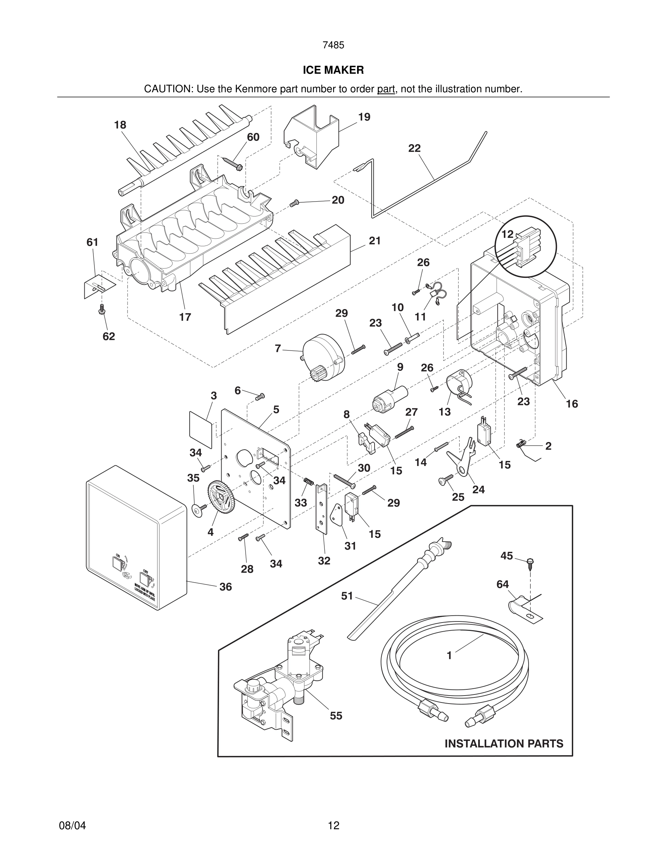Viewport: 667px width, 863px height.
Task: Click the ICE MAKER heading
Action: [x=333, y=70]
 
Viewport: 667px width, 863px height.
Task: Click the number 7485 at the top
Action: [x=333, y=45]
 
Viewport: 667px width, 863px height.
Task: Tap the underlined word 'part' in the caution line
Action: [x=386, y=89]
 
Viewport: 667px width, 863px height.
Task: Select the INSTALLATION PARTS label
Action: [x=504, y=744]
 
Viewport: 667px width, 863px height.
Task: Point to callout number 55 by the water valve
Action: [x=336, y=716]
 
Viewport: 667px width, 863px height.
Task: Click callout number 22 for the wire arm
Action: [x=415, y=148]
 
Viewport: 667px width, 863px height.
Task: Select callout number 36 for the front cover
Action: [x=226, y=587]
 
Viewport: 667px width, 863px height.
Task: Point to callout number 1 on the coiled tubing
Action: [x=449, y=656]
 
